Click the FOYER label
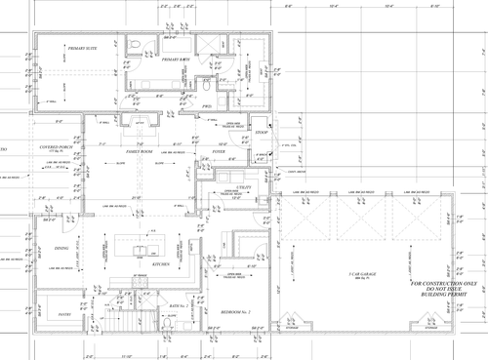coord(206,153)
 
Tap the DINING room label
coord(61,250)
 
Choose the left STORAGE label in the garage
coord(290,343)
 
